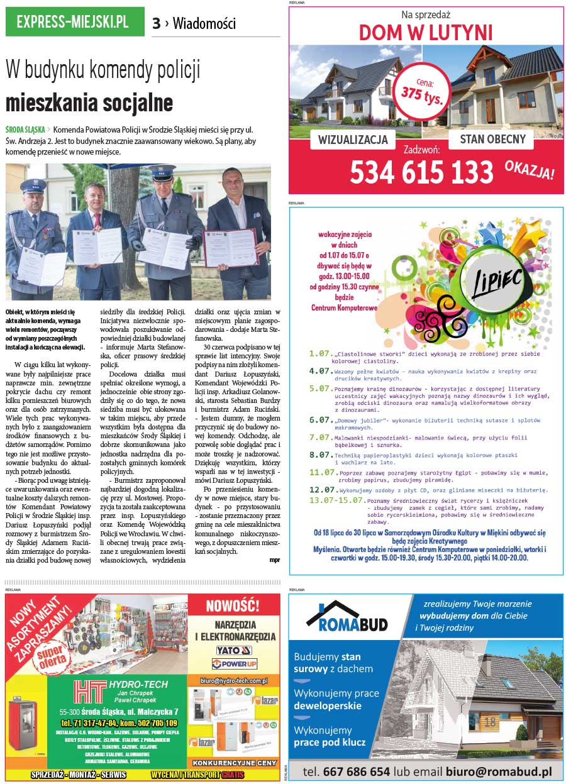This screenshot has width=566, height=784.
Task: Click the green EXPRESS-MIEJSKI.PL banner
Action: [x=74, y=22]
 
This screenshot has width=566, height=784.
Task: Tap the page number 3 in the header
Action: [x=156, y=24]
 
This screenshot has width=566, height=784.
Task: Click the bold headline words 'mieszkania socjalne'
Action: [x=89, y=102]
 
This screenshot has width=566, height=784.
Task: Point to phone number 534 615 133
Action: [x=421, y=172]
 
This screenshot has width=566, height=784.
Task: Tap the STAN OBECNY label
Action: [x=492, y=139]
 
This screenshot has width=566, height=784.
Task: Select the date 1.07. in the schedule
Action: [x=320, y=353]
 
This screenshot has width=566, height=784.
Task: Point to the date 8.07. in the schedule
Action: [x=320, y=454]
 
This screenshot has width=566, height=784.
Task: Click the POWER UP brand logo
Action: [x=235, y=663]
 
